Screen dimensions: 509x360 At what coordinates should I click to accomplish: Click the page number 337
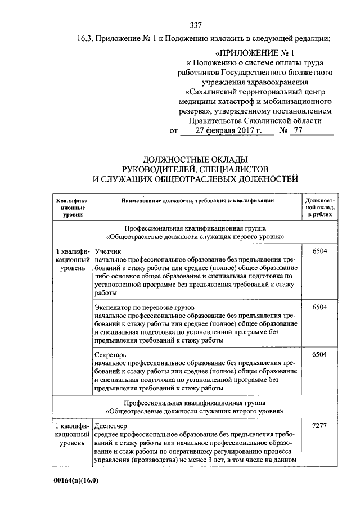(196, 25)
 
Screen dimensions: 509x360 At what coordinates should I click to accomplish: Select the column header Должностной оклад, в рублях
(319, 206)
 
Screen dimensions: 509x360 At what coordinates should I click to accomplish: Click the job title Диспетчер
(111, 426)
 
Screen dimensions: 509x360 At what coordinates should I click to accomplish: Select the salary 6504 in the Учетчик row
(319, 251)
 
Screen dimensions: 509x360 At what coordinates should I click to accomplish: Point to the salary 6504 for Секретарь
(319, 354)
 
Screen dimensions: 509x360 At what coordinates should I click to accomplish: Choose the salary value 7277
(319, 426)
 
